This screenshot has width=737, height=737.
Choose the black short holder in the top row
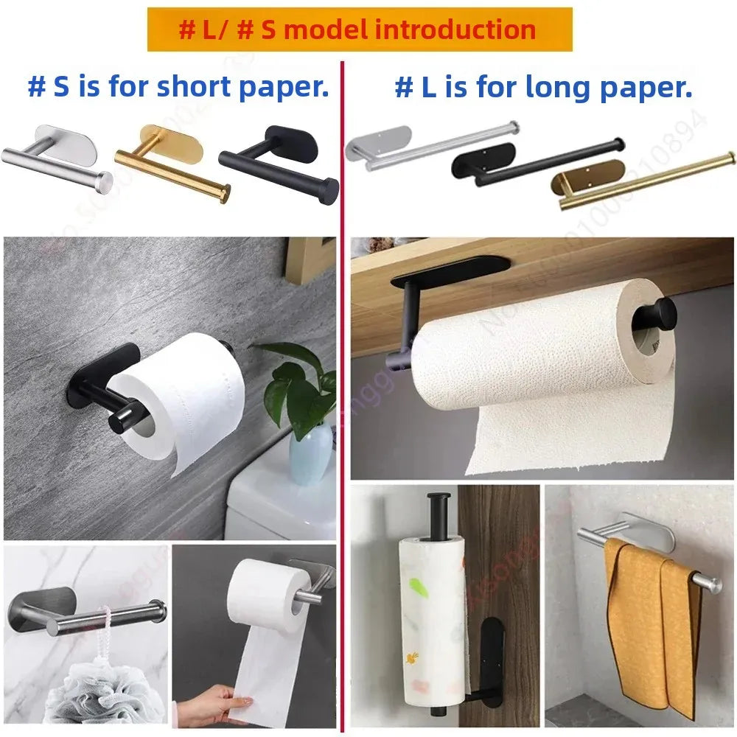click(x=279, y=163)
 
